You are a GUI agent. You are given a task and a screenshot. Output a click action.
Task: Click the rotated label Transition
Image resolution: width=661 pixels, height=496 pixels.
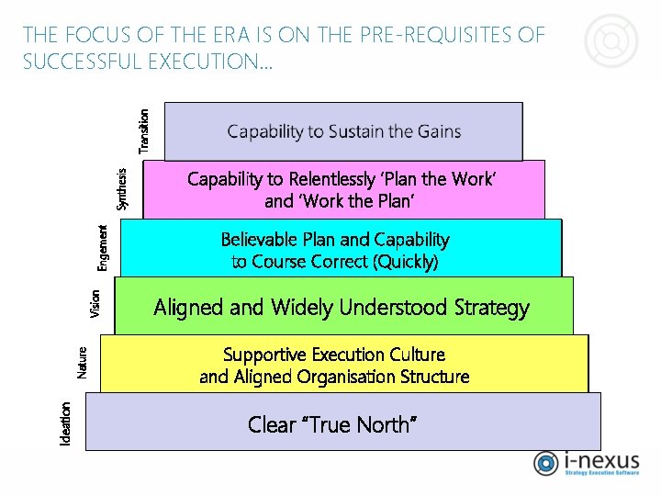pyautogui.click(x=143, y=131)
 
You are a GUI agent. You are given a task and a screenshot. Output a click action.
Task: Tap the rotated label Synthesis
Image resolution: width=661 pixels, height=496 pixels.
pyautogui.click(x=123, y=187)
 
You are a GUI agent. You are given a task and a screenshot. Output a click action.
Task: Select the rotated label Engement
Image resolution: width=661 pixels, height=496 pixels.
pyautogui.click(x=104, y=247)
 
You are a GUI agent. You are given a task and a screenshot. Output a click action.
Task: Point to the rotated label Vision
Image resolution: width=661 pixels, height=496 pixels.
pyautogui.click(x=95, y=304)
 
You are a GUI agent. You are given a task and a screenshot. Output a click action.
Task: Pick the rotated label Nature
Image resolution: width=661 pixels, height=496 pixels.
pyautogui.click(x=83, y=362)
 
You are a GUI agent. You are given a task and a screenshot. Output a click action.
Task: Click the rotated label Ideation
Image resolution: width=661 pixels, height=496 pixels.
pyautogui.click(x=65, y=424)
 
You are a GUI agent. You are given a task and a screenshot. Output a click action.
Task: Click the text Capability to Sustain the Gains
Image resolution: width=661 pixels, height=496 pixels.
pyautogui.click(x=344, y=131)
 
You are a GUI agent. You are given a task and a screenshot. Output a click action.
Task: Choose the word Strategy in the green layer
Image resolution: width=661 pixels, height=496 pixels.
pyautogui.click(x=492, y=307)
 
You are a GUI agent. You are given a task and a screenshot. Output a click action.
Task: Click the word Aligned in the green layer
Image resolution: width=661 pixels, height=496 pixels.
pyautogui.click(x=188, y=307)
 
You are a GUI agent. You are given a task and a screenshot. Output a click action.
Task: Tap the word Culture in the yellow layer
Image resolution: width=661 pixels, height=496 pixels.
pyautogui.click(x=413, y=355)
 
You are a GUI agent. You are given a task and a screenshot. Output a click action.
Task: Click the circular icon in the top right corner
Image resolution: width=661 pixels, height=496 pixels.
pyautogui.click(x=611, y=42)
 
